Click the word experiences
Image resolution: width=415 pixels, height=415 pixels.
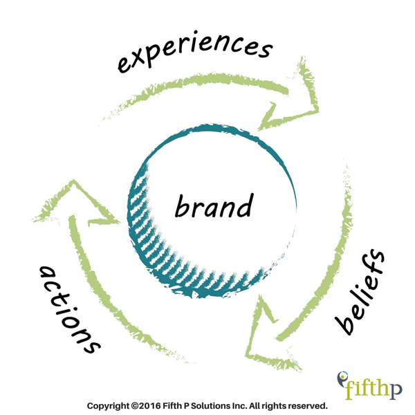pos(195,52)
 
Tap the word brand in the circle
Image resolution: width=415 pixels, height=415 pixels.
pos(214,205)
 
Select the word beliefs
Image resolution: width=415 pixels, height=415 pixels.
pos(360,292)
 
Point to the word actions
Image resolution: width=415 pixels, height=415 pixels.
pos(70,310)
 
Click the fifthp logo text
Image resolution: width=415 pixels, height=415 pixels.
pos(373,389)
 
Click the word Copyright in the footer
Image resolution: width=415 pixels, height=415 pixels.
pos(109,406)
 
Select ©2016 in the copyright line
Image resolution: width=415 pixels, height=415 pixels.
pos(146,405)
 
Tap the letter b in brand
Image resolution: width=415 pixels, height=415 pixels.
pos(182,206)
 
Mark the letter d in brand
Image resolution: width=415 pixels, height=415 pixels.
pos(244,205)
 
